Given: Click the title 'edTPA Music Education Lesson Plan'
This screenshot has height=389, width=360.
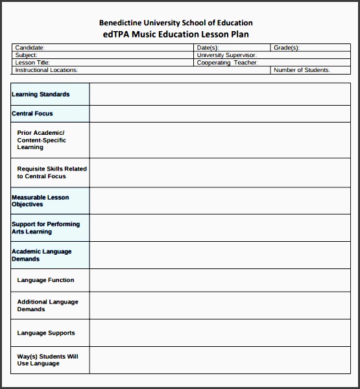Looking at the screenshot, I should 176,34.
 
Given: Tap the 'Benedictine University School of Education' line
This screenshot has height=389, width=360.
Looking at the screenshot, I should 176,23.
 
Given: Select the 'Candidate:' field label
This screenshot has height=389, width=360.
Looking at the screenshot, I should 30,48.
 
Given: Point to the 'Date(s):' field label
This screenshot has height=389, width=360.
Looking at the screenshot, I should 208,48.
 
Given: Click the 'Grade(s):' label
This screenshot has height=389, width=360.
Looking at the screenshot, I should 286,48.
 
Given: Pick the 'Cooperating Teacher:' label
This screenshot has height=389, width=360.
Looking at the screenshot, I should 227,63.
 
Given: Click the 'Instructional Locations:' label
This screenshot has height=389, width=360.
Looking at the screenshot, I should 46,70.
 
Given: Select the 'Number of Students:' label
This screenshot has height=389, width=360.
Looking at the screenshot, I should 302,70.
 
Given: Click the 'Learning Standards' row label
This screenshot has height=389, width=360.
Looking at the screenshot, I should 41,95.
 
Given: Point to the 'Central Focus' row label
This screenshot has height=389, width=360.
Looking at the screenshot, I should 32,113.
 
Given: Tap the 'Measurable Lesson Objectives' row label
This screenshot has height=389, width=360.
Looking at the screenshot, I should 40,201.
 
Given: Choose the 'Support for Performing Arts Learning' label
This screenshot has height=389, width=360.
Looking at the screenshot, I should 46,228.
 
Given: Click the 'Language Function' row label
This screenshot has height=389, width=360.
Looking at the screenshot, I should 45,280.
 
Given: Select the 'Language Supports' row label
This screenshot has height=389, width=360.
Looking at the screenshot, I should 46,333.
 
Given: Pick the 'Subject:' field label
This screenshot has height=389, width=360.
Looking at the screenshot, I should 27,55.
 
